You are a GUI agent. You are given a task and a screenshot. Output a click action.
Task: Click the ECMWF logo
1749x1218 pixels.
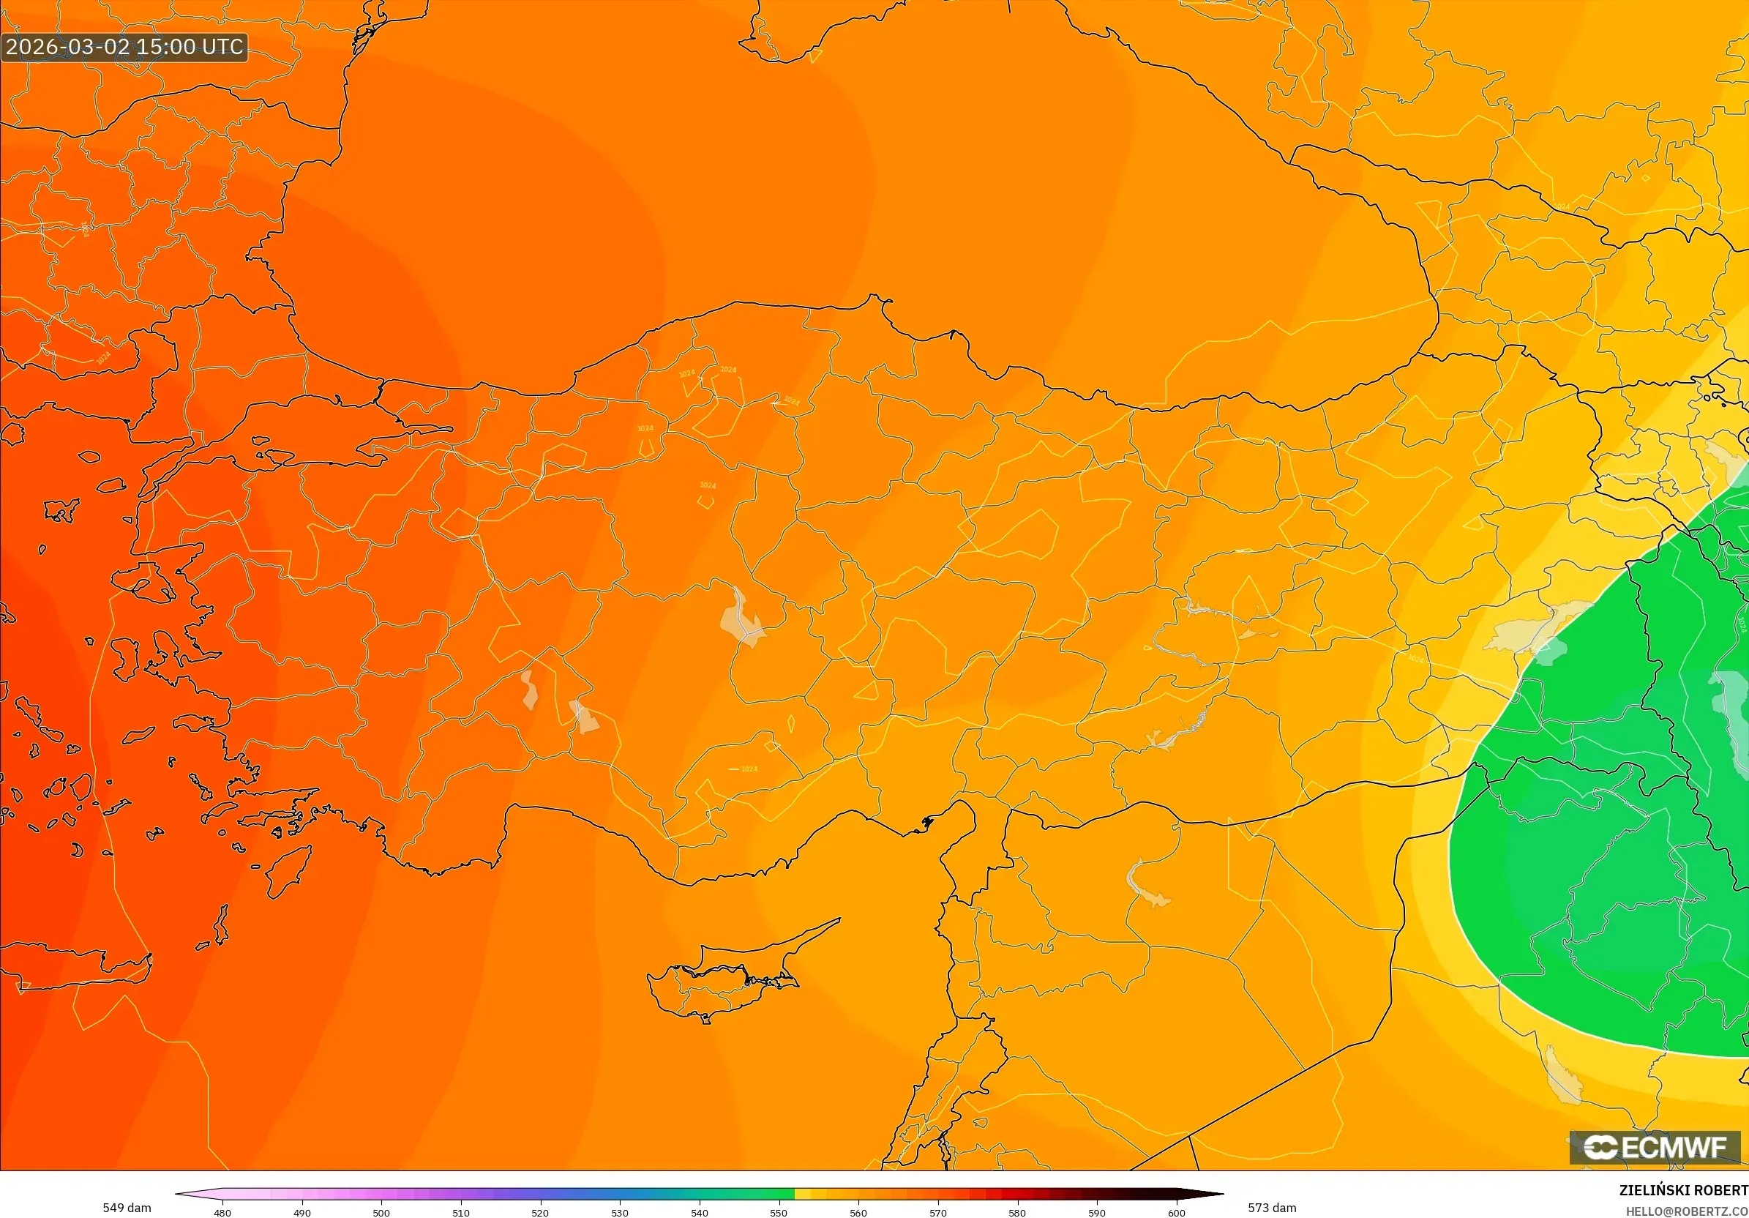coord(1655,1147)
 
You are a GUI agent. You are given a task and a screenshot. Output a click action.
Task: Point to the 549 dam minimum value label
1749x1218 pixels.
coord(127,1207)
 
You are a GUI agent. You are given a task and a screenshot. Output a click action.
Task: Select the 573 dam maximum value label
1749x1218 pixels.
coord(1271,1207)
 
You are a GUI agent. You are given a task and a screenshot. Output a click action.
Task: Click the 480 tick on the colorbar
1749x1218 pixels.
coord(222,1213)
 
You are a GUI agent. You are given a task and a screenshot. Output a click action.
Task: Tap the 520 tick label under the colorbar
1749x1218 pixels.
coord(540,1213)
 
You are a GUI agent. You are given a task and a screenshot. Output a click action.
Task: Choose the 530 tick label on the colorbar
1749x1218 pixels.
coord(620,1213)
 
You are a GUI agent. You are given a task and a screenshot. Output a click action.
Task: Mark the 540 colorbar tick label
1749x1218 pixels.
coord(700,1213)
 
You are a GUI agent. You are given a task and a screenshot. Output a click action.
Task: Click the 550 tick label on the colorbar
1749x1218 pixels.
coord(779,1213)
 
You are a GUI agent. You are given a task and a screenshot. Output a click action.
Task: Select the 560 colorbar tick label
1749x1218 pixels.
coord(858,1213)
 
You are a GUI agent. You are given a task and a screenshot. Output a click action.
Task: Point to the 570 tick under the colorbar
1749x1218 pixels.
coord(937,1213)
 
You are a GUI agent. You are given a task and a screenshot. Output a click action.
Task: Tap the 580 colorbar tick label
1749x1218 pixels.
coord(1017,1213)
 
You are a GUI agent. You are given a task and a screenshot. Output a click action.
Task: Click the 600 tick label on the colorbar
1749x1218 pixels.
coord(1176,1213)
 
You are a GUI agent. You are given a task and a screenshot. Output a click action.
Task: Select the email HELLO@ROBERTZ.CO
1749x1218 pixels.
coord(1687,1211)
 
